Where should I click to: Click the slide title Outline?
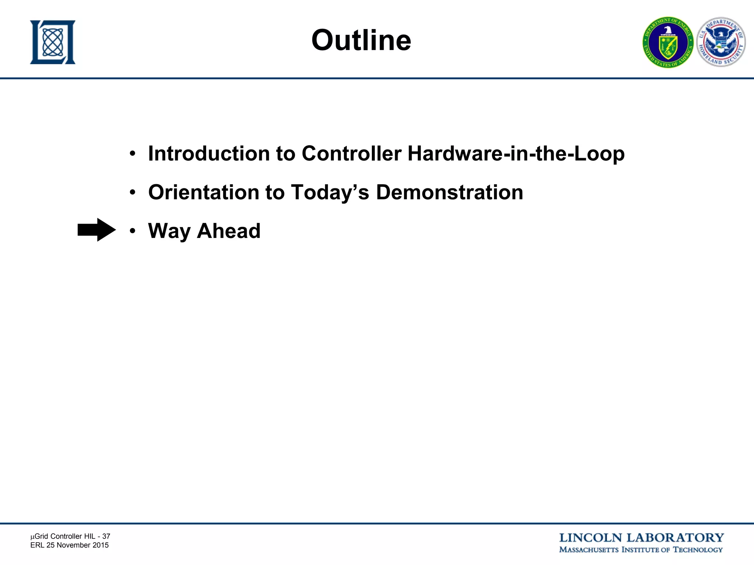point(361,40)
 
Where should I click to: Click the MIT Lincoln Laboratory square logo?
point(53,42)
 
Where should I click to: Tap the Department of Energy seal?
point(668,43)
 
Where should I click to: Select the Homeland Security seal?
point(721,42)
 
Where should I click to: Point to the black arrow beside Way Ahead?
point(96,230)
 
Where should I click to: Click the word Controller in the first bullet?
point(351,153)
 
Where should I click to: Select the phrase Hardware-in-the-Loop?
point(516,153)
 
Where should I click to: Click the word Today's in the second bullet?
point(330,192)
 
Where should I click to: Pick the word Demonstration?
point(449,192)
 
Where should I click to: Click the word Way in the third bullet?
point(169,231)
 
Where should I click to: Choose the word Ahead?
point(229,231)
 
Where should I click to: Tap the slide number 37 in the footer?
point(106,536)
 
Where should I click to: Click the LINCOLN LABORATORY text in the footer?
point(641,538)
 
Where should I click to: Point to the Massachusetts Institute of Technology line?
point(641,550)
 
